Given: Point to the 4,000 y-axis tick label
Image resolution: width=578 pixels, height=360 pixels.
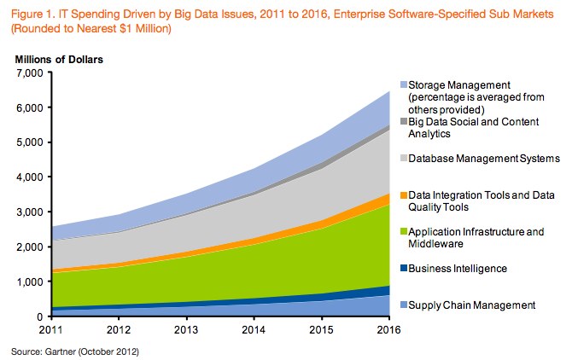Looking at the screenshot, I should (29, 177).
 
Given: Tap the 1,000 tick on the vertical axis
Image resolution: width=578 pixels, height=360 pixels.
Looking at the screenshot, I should (29, 282).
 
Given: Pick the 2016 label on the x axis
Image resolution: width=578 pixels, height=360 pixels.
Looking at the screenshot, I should (388, 328).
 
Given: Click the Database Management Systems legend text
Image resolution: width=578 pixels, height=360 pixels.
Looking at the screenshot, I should (483, 158).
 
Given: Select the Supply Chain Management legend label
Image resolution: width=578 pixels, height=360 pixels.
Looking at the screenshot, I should (471, 305).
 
